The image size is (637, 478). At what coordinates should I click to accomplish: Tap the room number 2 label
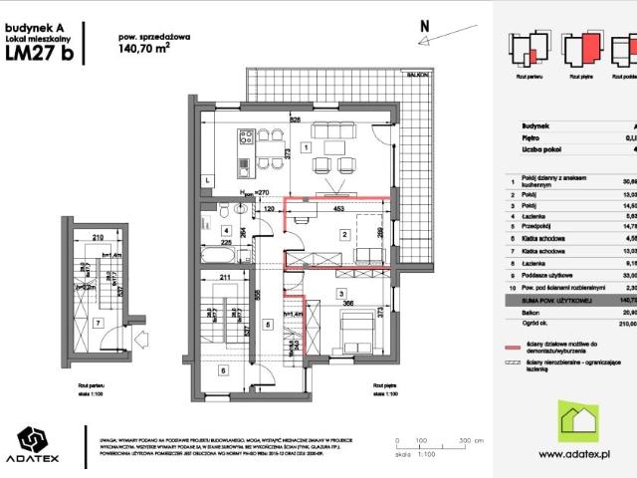[x=343, y=234]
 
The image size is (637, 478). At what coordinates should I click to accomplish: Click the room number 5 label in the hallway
[x=267, y=325]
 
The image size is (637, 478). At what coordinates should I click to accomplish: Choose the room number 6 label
[x=222, y=370]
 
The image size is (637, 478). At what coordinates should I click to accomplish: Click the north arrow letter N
[x=424, y=26]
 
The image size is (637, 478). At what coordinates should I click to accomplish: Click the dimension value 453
[x=338, y=210]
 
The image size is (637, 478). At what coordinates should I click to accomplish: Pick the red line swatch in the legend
[x=514, y=376]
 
